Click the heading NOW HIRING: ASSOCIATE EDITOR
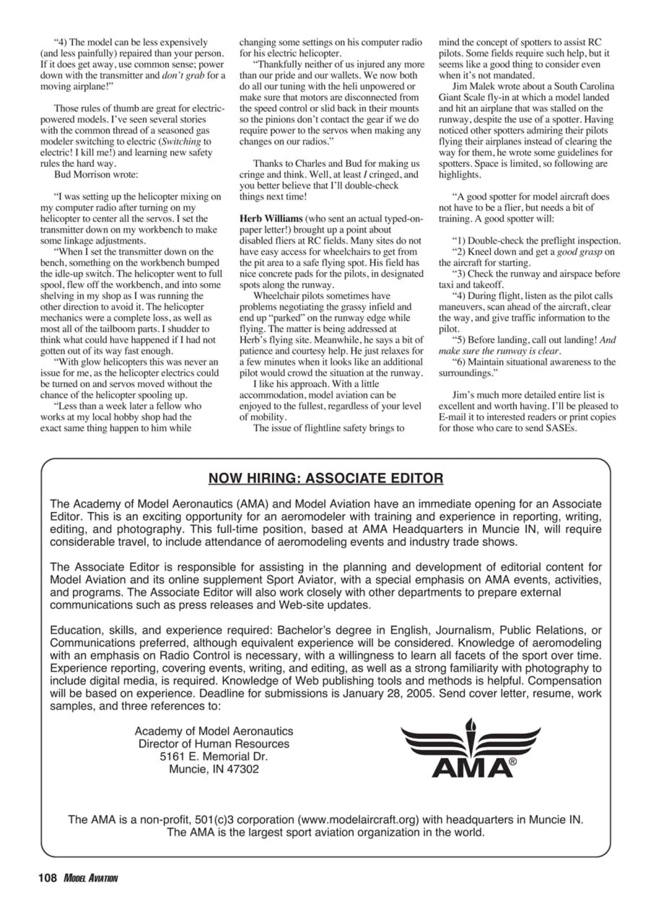[326, 478]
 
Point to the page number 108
[48, 878]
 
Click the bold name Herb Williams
[271, 219]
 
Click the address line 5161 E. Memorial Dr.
[214, 756]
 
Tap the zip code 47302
[243, 769]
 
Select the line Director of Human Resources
[214, 744]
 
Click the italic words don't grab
[183, 75]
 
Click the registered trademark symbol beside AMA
[513, 762]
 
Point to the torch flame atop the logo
[470, 724]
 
